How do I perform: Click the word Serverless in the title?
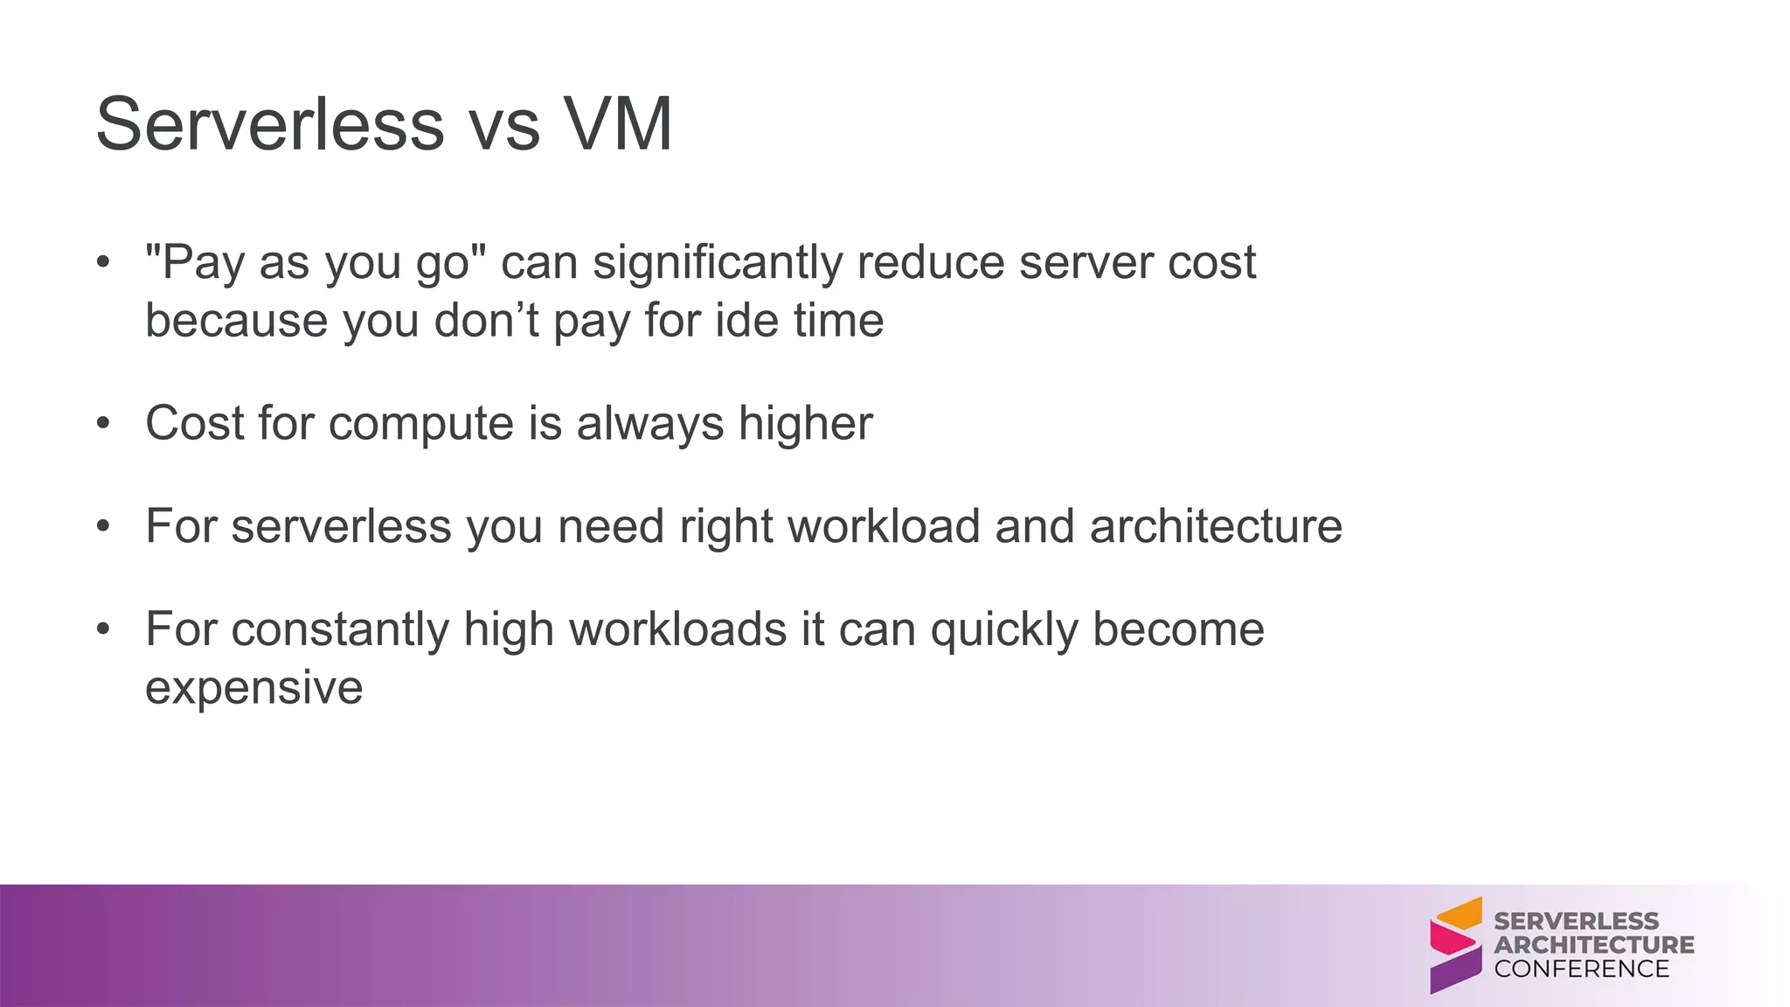(x=270, y=125)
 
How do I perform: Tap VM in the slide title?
(x=617, y=125)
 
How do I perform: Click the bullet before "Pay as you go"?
(x=104, y=262)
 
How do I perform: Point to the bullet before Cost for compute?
(x=104, y=424)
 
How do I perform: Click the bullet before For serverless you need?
(x=104, y=527)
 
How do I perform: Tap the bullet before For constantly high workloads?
(x=104, y=629)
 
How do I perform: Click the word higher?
(x=805, y=424)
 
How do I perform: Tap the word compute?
(x=421, y=424)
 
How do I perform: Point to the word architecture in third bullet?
(x=1215, y=527)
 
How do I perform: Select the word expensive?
(x=253, y=688)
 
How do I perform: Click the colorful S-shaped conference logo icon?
(x=1456, y=945)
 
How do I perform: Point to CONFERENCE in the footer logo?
(x=1581, y=969)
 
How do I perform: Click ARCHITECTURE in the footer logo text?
(x=1593, y=945)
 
